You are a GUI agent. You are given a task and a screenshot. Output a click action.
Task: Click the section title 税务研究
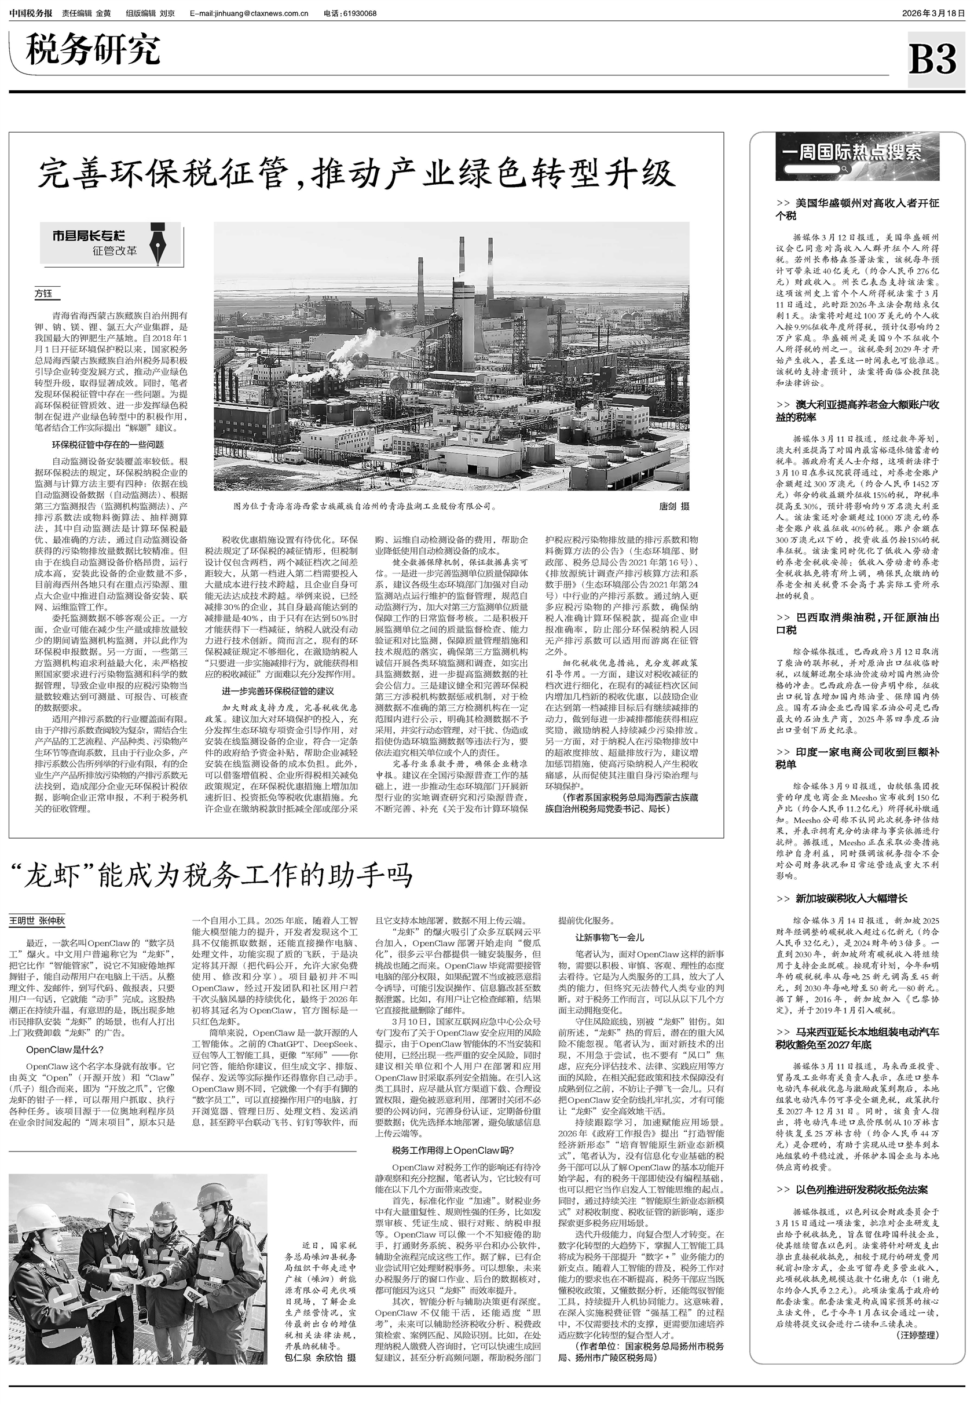click(93, 49)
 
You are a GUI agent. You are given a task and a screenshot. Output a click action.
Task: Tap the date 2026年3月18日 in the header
click(933, 13)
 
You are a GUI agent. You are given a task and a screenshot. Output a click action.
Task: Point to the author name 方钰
click(43, 294)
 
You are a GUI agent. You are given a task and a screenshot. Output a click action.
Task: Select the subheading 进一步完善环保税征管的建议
click(278, 691)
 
